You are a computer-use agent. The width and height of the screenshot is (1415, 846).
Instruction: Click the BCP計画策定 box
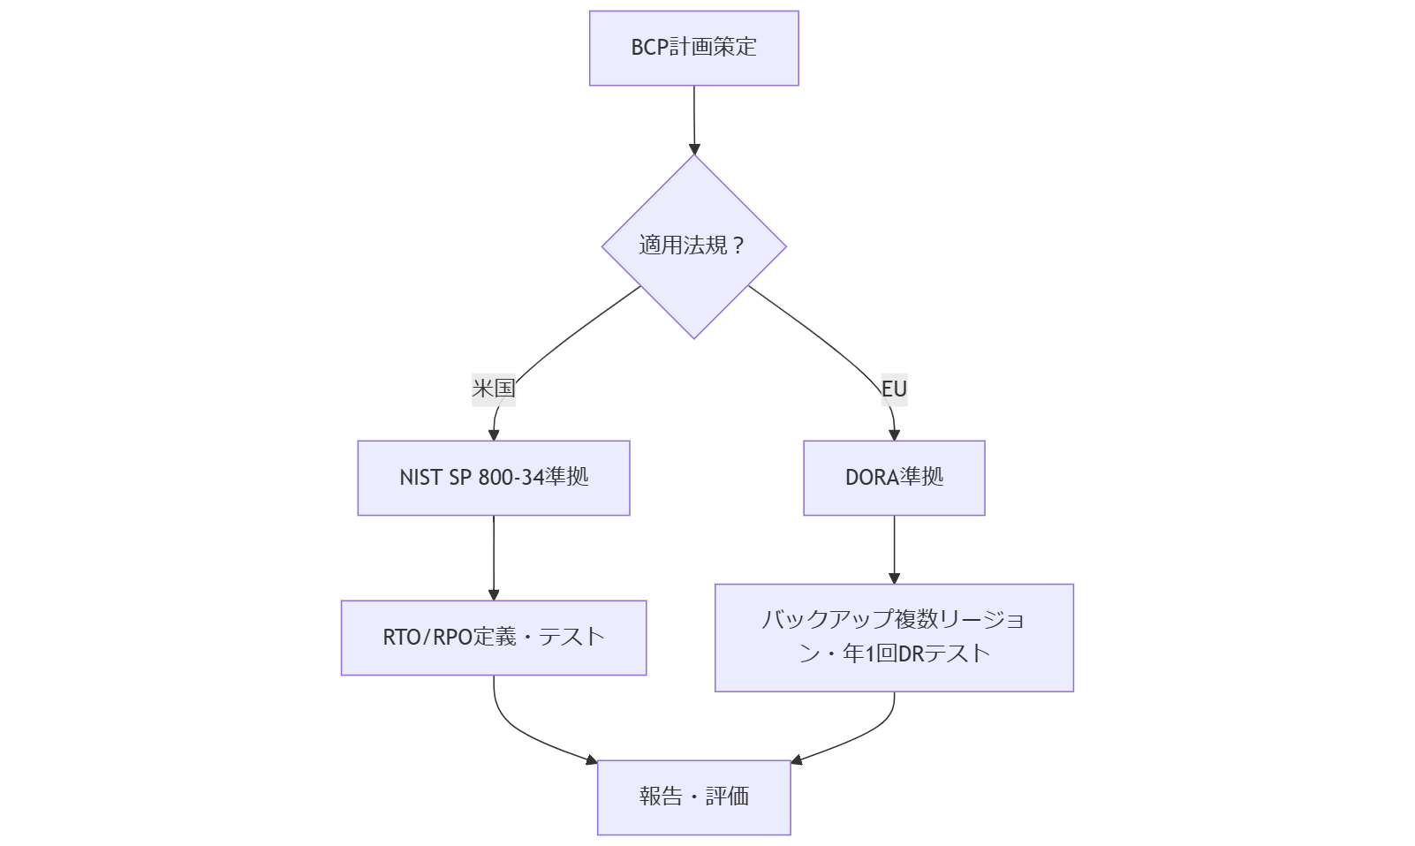click(x=693, y=49)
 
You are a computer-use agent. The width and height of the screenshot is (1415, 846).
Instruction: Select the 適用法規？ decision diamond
click(x=693, y=246)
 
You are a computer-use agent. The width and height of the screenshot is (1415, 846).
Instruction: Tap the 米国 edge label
click(x=493, y=389)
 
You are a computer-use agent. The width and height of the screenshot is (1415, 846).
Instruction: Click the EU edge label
click(x=894, y=389)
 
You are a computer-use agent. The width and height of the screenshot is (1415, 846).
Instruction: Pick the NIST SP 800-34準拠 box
click(x=493, y=478)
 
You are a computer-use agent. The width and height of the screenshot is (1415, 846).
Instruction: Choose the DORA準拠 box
click(x=894, y=478)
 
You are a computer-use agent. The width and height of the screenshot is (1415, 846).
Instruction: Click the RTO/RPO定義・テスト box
click(x=493, y=638)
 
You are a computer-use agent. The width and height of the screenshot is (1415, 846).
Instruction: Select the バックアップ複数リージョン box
click(x=894, y=638)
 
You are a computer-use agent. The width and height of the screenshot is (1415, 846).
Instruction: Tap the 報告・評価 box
click(x=693, y=797)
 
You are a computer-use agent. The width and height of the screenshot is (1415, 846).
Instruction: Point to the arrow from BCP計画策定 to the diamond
click(x=693, y=119)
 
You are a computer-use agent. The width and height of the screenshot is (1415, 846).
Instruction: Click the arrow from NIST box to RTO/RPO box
click(x=493, y=556)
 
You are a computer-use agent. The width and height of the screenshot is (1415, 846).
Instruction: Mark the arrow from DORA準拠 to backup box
click(x=894, y=548)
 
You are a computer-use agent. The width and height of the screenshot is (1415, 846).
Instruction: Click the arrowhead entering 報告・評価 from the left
click(x=591, y=759)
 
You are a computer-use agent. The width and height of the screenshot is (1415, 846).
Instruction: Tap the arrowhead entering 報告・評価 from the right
click(x=797, y=759)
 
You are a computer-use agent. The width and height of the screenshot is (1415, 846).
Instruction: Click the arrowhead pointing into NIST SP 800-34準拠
click(x=493, y=434)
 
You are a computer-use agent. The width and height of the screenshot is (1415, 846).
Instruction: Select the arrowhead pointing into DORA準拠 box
click(x=894, y=434)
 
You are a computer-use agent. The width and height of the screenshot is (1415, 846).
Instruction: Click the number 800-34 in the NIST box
click(x=511, y=478)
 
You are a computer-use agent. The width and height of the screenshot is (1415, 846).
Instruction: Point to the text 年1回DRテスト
click(x=916, y=654)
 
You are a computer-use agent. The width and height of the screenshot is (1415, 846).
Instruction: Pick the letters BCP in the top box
click(x=649, y=48)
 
